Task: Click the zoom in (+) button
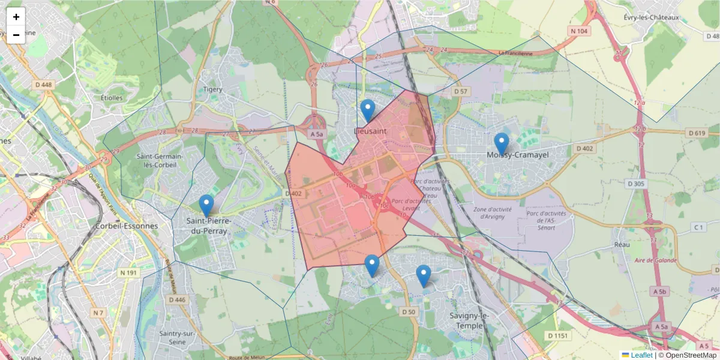pyautogui.click(x=16, y=17)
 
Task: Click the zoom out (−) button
pyautogui.click(x=16, y=35)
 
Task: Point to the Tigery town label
pyautogui.click(x=212, y=89)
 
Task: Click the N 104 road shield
pyautogui.click(x=580, y=31)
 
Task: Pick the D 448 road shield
pyautogui.click(x=44, y=85)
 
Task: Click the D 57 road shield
pyautogui.click(x=460, y=91)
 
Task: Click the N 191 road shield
pyautogui.click(x=129, y=273)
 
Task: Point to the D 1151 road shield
pyautogui.click(x=557, y=335)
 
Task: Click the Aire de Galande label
pyautogui.click(x=656, y=260)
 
